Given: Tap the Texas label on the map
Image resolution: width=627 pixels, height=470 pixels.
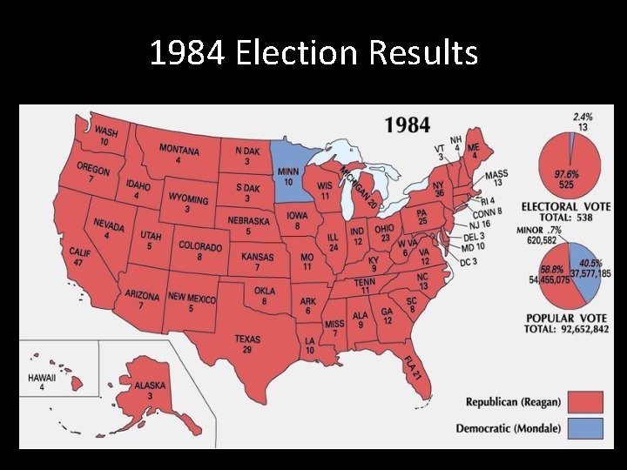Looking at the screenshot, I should coord(248,339).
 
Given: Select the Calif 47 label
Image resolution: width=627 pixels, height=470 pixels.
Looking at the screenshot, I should coord(79,255).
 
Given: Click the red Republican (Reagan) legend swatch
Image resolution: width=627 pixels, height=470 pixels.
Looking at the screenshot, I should coord(586,401).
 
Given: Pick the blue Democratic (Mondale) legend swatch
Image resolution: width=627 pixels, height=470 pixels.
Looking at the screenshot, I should coord(586,428).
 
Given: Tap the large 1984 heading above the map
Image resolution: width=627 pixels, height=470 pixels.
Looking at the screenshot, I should coord(408,124).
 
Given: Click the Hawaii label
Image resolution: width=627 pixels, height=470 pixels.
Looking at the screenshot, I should coord(42,379).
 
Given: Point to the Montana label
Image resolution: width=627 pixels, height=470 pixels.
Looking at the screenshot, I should coord(179,150).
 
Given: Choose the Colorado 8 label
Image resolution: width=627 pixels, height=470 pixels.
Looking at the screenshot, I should coord(200,247).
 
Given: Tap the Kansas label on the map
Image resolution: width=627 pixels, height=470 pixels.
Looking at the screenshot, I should coord(258,258).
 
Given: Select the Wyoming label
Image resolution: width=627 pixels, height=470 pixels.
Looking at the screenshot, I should coord(188,199).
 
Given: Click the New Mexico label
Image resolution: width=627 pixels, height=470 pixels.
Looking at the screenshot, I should coord(192,299).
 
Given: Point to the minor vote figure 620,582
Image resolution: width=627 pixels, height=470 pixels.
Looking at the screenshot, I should coord(536,239).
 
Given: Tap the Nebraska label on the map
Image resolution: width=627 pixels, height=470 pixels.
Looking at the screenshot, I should coord(249,221).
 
